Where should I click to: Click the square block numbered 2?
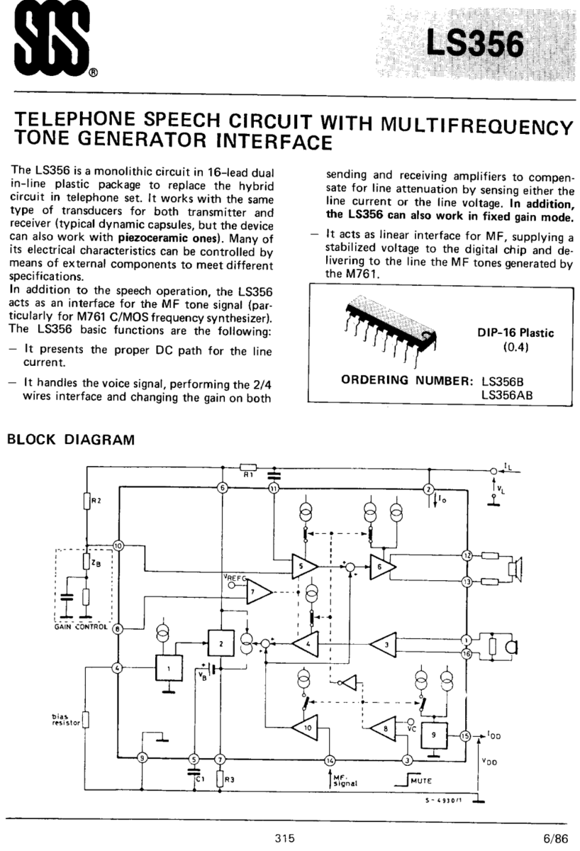[221, 643]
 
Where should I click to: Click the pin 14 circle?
[330, 760]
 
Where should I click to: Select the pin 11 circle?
[274, 489]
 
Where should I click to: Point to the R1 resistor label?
[247, 475]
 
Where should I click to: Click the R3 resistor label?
[230, 780]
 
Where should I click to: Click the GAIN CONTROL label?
[80, 626]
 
